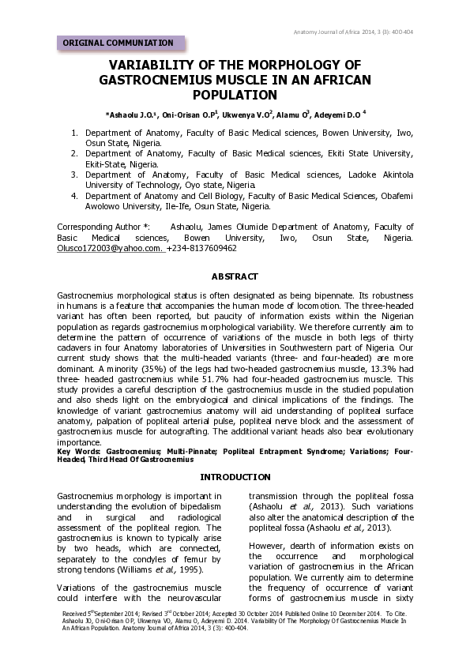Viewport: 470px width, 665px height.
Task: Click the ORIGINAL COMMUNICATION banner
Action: pos(118,43)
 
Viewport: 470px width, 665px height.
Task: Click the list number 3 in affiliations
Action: pos(75,174)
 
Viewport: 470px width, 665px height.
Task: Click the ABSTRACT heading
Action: pos(235,276)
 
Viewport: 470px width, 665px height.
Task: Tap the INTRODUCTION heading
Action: pos(235,477)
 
